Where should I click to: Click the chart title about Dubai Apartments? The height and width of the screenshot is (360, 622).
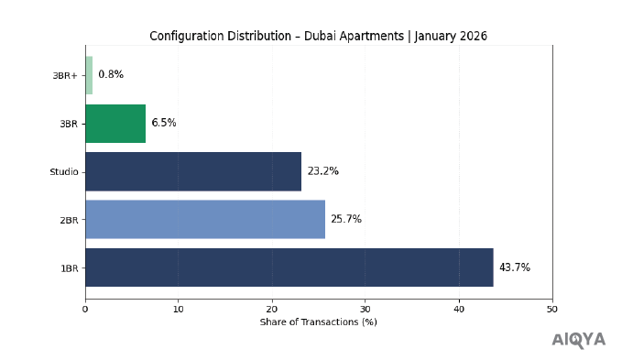(318, 36)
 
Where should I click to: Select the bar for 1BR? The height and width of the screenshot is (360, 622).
(289, 267)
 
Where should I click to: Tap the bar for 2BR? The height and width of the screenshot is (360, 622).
(205, 219)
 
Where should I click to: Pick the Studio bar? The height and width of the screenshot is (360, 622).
(193, 171)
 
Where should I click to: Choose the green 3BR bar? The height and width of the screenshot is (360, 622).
(115, 123)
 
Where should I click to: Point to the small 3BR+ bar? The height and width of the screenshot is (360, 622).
(89, 75)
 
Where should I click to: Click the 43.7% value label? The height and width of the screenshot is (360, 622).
(514, 267)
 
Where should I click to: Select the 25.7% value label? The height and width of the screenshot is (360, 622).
(346, 219)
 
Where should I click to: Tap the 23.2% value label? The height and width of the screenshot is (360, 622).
(322, 171)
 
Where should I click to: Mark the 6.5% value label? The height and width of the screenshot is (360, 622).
(163, 123)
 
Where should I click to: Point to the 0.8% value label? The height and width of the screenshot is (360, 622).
(110, 75)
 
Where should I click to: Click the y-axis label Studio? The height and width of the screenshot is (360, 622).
(64, 171)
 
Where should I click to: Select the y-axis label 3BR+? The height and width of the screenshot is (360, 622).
(66, 75)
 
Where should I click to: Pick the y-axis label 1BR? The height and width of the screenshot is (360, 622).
(69, 267)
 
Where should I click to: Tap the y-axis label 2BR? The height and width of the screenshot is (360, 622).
(69, 220)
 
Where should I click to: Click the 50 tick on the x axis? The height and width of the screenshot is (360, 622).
(552, 309)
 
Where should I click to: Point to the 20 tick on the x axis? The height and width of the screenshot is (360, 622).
(272, 309)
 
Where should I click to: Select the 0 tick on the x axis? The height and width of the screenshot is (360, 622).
(85, 309)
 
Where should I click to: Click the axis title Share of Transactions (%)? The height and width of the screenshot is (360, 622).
(318, 322)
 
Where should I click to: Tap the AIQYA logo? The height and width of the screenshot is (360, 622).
(578, 340)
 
